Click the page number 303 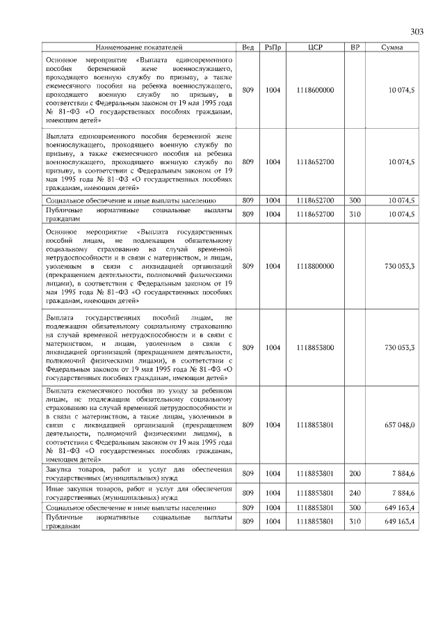click(416, 31)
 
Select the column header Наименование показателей click(138, 47)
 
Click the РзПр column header click(273, 47)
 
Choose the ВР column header click(355, 47)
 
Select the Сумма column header click(394, 47)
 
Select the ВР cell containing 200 click(355, 473)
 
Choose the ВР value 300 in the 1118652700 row click(355, 200)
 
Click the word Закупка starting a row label click(58, 469)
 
